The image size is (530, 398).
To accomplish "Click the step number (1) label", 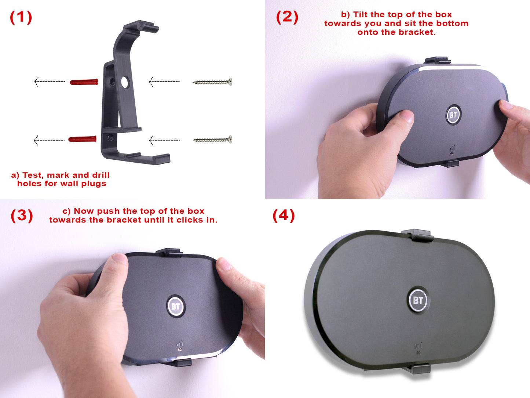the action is pyautogui.click(x=21, y=17).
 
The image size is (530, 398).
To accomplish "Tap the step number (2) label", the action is pyautogui.click(x=287, y=17).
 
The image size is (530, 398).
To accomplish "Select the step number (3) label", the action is pyautogui.click(x=22, y=216).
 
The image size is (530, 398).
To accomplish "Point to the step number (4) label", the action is pyautogui.click(x=284, y=216).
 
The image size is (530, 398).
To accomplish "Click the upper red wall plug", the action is pyautogui.click(x=84, y=82).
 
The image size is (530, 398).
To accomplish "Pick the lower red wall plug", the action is pyautogui.click(x=82, y=139).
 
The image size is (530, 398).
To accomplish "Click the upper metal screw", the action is pyautogui.click(x=212, y=82).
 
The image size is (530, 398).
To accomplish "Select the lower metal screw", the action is pyautogui.click(x=212, y=140).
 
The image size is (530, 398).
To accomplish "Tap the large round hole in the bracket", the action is pyautogui.click(x=125, y=82).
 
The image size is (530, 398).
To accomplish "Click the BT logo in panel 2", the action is pyautogui.click(x=453, y=115).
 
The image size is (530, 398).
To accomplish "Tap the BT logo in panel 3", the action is pyautogui.click(x=176, y=307).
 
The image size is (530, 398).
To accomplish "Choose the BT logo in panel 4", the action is pyautogui.click(x=418, y=300).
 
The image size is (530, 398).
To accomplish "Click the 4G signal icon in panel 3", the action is pyautogui.click(x=180, y=346).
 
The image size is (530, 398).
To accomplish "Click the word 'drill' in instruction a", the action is pyautogui.click(x=101, y=175).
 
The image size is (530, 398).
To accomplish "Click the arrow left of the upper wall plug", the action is pyautogui.click(x=50, y=82).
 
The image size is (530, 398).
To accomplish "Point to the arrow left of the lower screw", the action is pyautogui.click(x=164, y=140).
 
